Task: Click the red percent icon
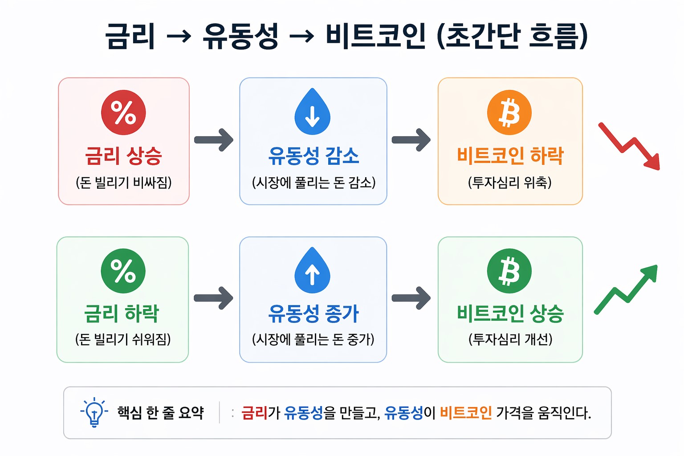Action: pyautogui.click(x=123, y=112)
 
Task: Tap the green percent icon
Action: pyautogui.click(x=123, y=271)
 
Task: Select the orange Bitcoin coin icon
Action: pyautogui.click(x=509, y=112)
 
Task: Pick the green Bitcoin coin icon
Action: pyautogui.click(x=509, y=271)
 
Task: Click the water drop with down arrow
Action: pyautogui.click(x=313, y=112)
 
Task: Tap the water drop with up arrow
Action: pyautogui.click(x=313, y=271)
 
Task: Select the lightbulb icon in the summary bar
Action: pyautogui.click(x=94, y=412)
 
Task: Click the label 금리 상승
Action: pyautogui.click(x=123, y=156)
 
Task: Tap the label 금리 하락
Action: pyautogui.click(x=122, y=313)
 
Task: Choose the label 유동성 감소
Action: pyautogui.click(x=313, y=156)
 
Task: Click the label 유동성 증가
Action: pyautogui.click(x=313, y=313)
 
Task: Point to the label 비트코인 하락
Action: pyautogui.click(x=510, y=156)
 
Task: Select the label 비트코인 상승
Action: pyautogui.click(x=510, y=313)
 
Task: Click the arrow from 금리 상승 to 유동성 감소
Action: pyautogui.click(x=214, y=140)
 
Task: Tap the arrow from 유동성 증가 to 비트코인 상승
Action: pyautogui.click(x=411, y=298)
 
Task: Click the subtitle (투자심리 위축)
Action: pyautogui.click(x=510, y=182)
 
